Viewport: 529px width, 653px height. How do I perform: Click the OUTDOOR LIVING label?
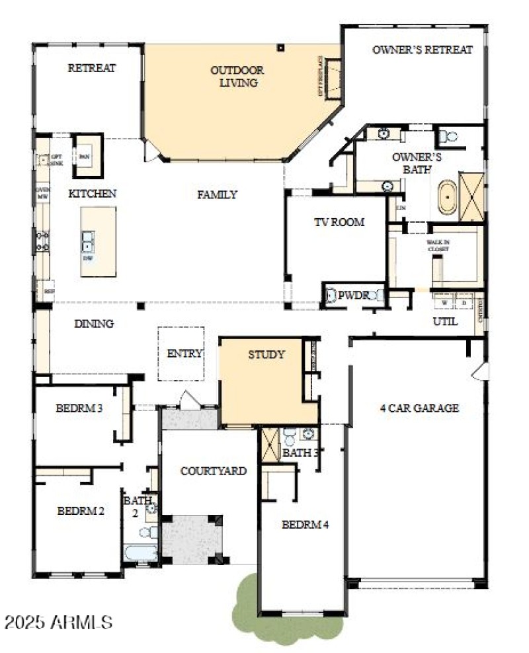tap(237, 77)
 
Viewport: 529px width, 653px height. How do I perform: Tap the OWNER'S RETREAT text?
tap(422, 50)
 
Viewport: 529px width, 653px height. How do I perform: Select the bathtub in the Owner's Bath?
tap(448, 196)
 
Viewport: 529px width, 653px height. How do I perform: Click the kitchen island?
tap(98, 242)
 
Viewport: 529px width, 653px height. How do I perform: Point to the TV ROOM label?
tap(339, 222)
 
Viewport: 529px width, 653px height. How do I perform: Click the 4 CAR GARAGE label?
tap(419, 408)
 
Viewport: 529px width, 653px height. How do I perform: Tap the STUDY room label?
tap(266, 354)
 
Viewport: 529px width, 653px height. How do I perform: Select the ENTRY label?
tap(184, 354)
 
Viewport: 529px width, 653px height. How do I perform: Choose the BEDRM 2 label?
tap(81, 510)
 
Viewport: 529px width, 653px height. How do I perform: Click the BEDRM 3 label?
tap(79, 408)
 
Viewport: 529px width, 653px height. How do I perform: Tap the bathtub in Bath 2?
tap(140, 553)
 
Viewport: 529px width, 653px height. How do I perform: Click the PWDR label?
tap(352, 296)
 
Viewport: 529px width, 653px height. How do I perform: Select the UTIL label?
tap(445, 322)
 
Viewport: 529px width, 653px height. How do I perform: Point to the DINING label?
tap(93, 323)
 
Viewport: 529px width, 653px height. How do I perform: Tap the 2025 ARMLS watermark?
tap(59, 622)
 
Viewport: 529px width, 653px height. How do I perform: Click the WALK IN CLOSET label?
tap(438, 247)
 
